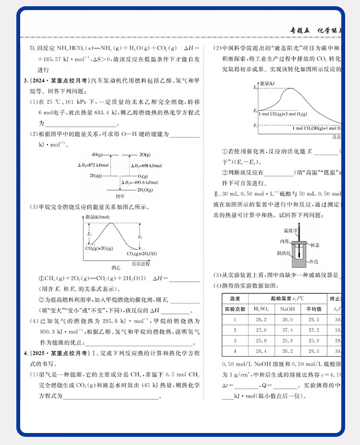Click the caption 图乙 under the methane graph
coord(116,267)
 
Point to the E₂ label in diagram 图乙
coord(140,237)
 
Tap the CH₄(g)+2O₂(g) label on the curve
coord(99,248)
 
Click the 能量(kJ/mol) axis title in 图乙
coord(97,217)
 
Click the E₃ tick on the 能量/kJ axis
coord(256,88)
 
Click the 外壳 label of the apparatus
coord(313,262)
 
